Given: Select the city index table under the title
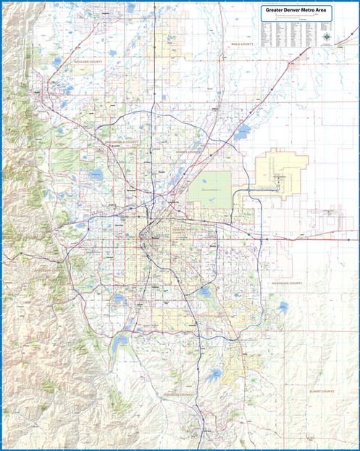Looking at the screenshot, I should click(x=290, y=32).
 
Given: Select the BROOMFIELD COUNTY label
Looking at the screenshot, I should click(x=120, y=142).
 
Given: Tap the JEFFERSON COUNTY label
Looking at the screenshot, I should click(x=43, y=270).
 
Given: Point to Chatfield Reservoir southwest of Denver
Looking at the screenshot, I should click(x=120, y=339).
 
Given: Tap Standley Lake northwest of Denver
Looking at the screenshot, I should click(x=96, y=175).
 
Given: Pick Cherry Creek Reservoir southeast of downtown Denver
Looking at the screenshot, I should click(x=204, y=292).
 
